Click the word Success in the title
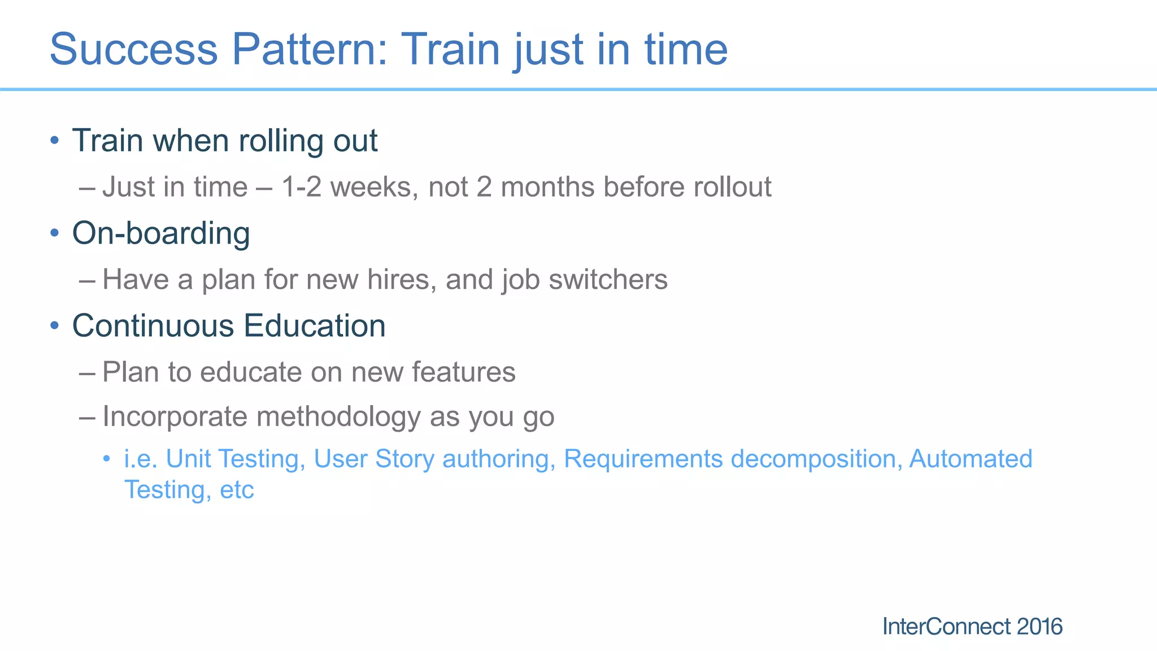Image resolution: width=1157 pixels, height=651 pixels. coord(133,49)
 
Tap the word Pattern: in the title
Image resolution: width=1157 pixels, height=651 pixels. coord(310,49)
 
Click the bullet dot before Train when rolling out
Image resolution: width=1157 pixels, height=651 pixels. coord(54,140)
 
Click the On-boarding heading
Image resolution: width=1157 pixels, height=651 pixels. coord(161,233)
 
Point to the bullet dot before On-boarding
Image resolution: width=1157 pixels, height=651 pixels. coord(54,233)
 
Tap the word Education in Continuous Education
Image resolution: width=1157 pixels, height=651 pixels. coord(315,326)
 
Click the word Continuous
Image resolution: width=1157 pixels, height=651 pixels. coord(153,326)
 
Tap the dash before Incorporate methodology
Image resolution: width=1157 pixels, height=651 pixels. coord(87,418)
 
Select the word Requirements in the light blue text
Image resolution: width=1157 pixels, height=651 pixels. coord(643,459)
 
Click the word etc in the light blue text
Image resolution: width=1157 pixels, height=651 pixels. coord(237,489)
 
